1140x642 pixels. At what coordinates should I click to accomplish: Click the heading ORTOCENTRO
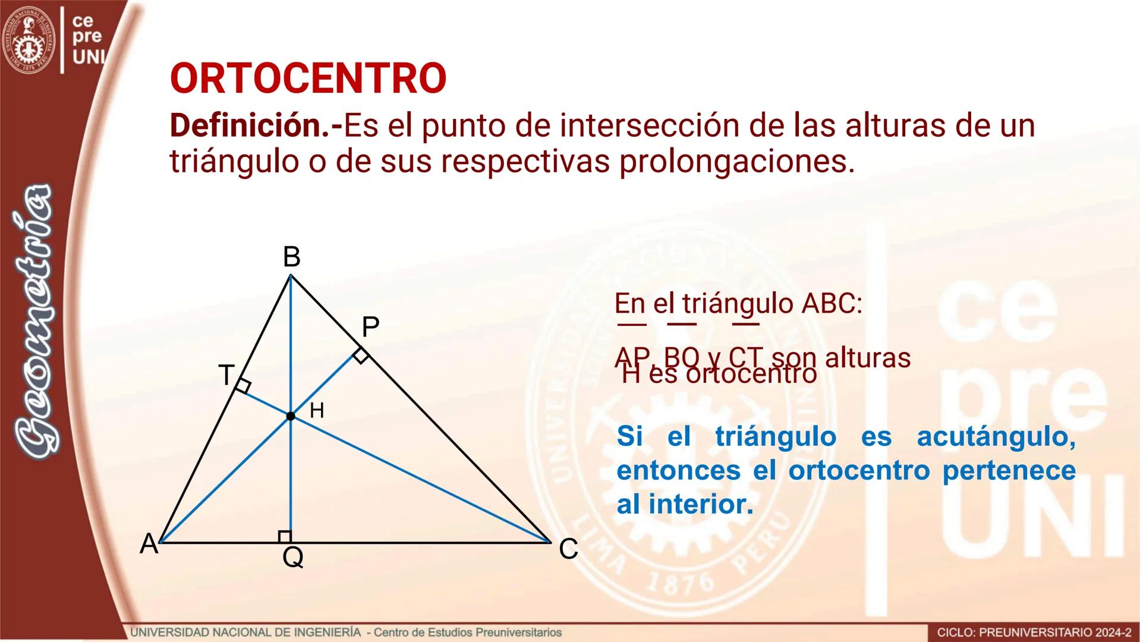(308, 78)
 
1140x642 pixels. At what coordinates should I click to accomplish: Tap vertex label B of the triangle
(291, 257)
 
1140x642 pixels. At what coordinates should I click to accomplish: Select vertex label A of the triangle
(149, 544)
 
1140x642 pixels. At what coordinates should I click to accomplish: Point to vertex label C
(568, 549)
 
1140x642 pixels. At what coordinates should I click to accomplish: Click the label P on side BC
(370, 327)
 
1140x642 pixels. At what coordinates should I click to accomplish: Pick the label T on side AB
(226, 375)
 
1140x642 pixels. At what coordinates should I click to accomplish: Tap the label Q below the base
(293, 558)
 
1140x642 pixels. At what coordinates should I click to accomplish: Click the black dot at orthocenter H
(291, 416)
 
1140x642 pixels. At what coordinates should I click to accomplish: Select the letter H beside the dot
(317, 410)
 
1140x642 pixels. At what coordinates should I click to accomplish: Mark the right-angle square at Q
(285, 537)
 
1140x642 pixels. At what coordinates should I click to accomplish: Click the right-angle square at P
(360, 356)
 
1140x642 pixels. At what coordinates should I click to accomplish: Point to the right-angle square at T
(243, 386)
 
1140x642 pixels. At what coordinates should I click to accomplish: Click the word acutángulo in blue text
(996, 437)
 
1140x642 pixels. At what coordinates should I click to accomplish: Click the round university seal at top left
(29, 40)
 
